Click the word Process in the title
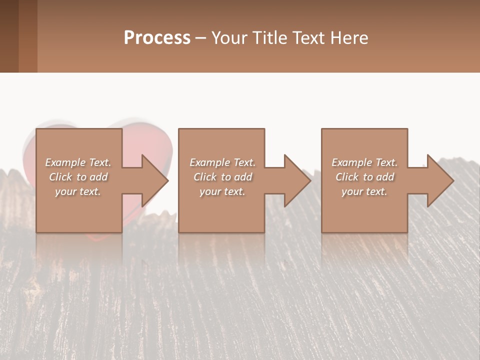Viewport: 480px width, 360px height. (157, 38)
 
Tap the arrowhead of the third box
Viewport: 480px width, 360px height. (440, 181)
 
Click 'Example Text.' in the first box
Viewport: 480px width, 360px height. (78, 162)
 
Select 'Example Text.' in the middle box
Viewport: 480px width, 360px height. (222, 162)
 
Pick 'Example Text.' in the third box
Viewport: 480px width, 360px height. (364, 162)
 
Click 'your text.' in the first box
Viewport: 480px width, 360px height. (78, 191)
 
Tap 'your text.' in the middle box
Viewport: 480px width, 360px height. (222, 191)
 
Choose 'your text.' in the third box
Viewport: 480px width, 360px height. (364, 191)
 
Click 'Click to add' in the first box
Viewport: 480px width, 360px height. (78, 177)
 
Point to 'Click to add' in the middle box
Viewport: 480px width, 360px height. (222, 177)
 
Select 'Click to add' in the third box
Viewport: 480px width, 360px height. (364, 177)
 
